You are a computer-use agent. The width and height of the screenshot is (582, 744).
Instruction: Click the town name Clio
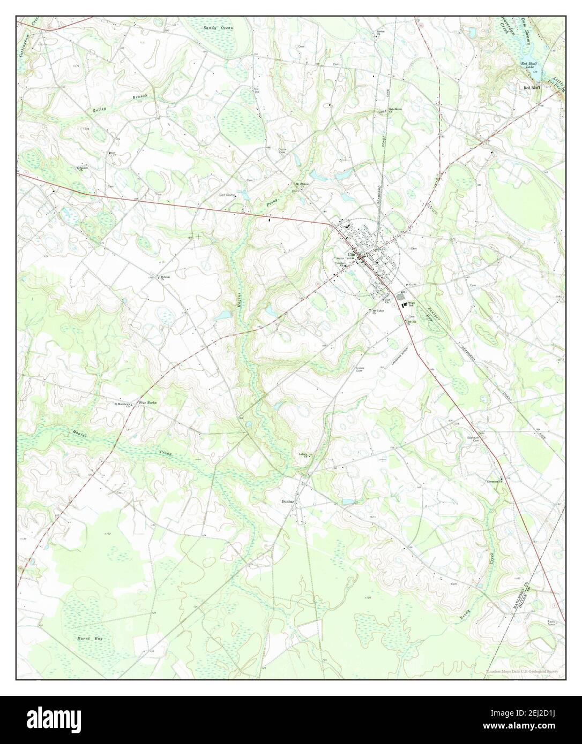coord(352,254)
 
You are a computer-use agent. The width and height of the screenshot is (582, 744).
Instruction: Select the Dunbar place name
coord(288,502)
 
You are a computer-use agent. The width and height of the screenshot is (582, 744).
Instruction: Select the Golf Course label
coord(227,195)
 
